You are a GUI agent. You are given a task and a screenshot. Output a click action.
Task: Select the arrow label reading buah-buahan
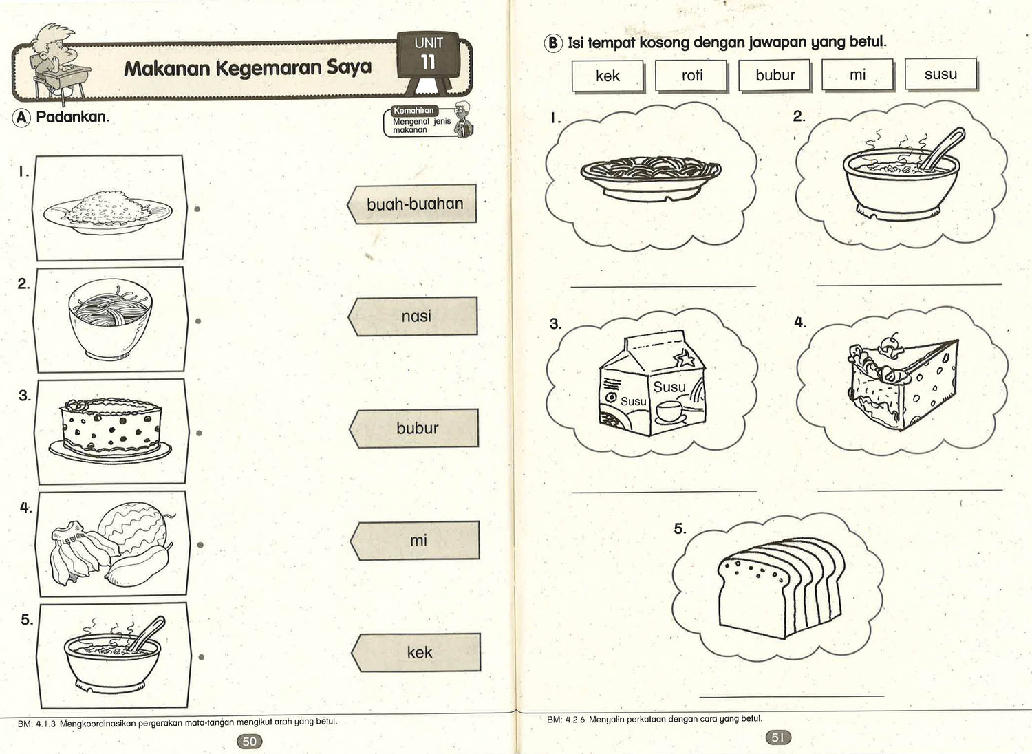pyautogui.click(x=413, y=204)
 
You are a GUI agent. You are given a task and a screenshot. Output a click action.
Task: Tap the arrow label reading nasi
pyautogui.click(x=414, y=316)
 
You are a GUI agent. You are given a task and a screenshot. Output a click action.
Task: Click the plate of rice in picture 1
pyautogui.click(x=107, y=211)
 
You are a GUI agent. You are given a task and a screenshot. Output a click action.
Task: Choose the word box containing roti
pyautogui.click(x=691, y=76)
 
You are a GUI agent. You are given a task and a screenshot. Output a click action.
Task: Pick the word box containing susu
pyautogui.click(x=940, y=74)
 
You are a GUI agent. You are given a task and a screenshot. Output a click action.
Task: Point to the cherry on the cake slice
pyautogui.click(x=893, y=340)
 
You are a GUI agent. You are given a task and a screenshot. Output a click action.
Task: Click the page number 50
pyautogui.click(x=249, y=741)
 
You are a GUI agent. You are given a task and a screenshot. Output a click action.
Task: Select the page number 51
pyautogui.click(x=777, y=737)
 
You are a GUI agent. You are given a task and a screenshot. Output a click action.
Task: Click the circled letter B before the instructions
pyautogui.click(x=553, y=43)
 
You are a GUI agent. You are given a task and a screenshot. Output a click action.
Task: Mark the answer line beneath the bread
pyautogui.click(x=791, y=696)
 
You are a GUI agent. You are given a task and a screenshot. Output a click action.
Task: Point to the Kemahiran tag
pyautogui.click(x=413, y=111)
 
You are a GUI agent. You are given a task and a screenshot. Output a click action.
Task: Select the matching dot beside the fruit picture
pyautogui.click(x=200, y=545)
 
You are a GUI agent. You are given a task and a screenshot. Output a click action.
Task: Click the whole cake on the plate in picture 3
pyautogui.click(x=110, y=429)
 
